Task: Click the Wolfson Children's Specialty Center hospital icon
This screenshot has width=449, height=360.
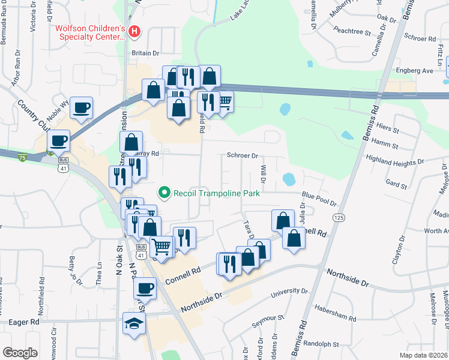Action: (135, 31)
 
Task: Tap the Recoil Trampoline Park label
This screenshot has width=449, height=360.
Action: (217, 193)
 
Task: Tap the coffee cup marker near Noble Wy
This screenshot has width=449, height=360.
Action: (81, 108)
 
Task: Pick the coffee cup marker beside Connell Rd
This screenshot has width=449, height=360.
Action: (145, 288)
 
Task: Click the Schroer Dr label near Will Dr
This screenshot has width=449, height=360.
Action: (242, 155)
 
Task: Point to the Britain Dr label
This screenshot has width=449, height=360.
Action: (145, 53)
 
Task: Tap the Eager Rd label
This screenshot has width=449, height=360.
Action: (24, 322)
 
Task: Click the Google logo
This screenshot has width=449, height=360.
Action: (20, 352)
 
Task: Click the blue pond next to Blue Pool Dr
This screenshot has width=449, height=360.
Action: (289, 179)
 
